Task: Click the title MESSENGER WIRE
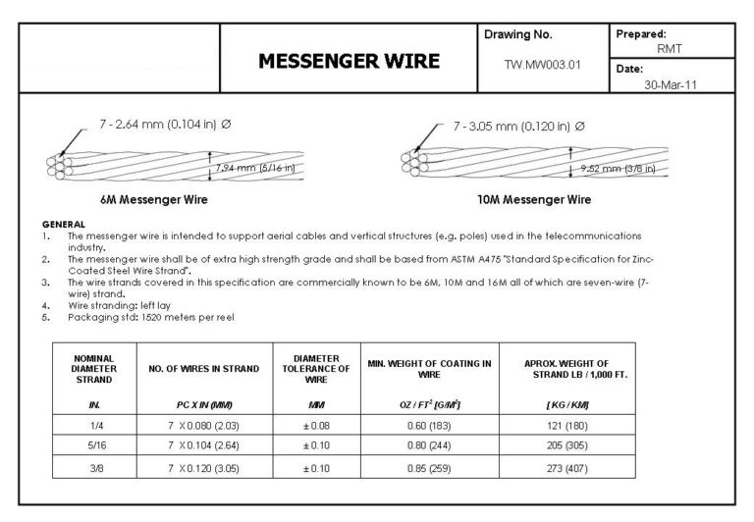[349, 61]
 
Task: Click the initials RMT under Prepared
[673, 47]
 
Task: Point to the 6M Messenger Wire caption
[153, 199]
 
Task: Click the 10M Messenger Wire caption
[534, 199]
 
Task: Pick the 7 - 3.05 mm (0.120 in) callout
[519, 127]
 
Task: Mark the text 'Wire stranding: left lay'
[119, 307]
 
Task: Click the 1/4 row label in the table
[93, 423]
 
